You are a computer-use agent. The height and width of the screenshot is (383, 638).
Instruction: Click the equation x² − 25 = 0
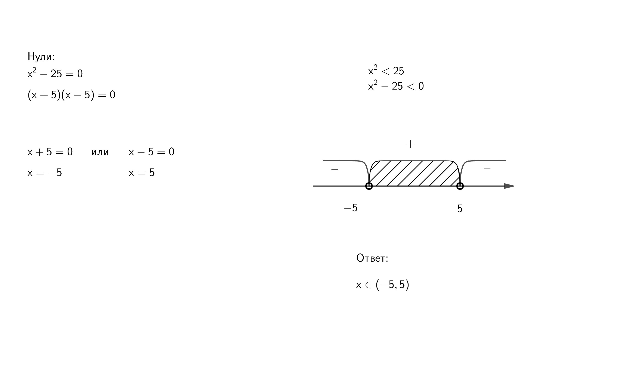coord(55,73)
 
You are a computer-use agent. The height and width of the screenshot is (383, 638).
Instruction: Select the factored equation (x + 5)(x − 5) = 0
coord(71,95)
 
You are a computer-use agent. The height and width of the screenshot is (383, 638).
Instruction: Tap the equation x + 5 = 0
coord(50,152)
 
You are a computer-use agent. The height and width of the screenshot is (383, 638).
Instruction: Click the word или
coord(100,152)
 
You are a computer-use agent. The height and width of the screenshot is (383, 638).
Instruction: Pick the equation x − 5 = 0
coord(151,152)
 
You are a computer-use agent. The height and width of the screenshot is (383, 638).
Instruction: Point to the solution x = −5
coord(44,172)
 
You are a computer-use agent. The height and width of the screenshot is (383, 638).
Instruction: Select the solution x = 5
coord(142,172)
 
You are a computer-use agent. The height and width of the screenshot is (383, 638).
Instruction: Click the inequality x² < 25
coord(386,70)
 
